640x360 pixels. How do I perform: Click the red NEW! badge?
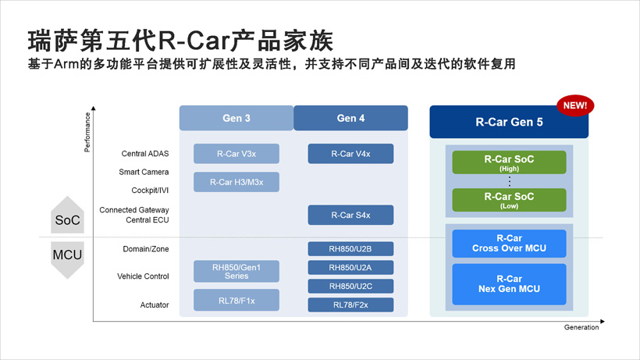pyautogui.click(x=574, y=105)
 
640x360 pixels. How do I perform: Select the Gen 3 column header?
pyautogui.click(x=236, y=118)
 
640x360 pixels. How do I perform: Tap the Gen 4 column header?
pyautogui.click(x=350, y=118)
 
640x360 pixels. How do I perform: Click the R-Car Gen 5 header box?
pyautogui.click(x=509, y=123)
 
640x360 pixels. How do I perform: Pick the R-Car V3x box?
pyautogui.click(x=236, y=154)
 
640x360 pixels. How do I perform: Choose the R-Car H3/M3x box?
pyautogui.click(x=236, y=182)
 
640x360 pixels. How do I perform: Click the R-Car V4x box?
pyautogui.click(x=350, y=154)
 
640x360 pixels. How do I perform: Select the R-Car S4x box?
pyautogui.click(x=350, y=215)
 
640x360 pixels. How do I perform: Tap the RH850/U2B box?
pyautogui.click(x=350, y=249)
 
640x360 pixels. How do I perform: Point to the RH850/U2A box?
pyautogui.click(x=350, y=268)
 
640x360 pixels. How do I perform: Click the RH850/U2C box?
pyautogui.click(x=350, y=287)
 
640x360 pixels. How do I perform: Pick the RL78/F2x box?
pyautogui.click(x=350, y=305)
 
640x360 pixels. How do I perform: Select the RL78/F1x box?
pyautogui.click(x=236, y=301)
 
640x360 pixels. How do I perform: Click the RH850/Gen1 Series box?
pyautogui.click(x=236, y=271)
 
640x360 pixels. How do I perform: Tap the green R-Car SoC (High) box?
pyautogui.click(x=509, y=162)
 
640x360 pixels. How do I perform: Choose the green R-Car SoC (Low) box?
pyautogui.click(x=509, y=200)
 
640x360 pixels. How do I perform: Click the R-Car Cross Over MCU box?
pyautogui.click(x=509, y=244)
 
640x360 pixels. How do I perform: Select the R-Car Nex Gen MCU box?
pyautogui.click(x=509, y=284)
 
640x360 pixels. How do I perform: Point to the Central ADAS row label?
pyautogui.click(x=145, y=154)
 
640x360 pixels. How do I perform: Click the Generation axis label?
pyautogui.click(x=581, y=328)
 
